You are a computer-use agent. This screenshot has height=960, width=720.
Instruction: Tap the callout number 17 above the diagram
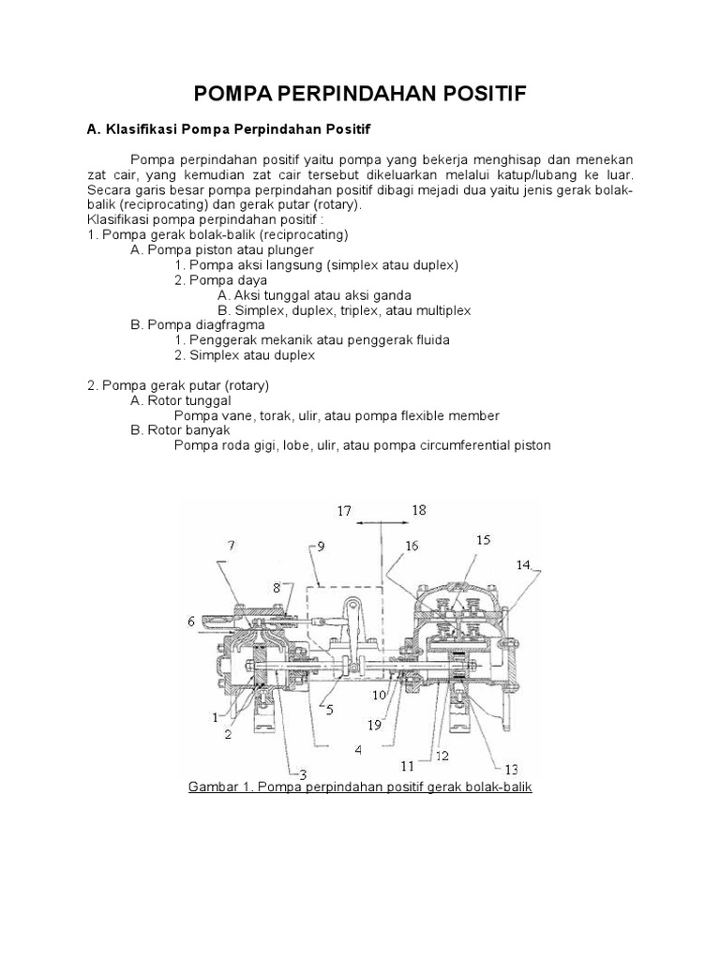click(344, 511)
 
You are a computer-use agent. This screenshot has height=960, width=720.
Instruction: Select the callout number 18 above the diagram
click(418, 510)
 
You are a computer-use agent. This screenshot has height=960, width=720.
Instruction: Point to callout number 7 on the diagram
click(231, 545)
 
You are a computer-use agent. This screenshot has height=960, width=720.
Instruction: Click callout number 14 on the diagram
click(522, 564)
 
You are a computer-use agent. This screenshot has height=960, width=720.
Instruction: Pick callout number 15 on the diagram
click(483, 539)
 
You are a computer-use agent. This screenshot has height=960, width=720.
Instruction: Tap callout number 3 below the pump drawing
click(303, 774)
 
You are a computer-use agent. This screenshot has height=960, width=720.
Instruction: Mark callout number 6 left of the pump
click(191, 620)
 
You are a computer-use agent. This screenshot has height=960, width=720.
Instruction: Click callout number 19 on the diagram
click(374, 724)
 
